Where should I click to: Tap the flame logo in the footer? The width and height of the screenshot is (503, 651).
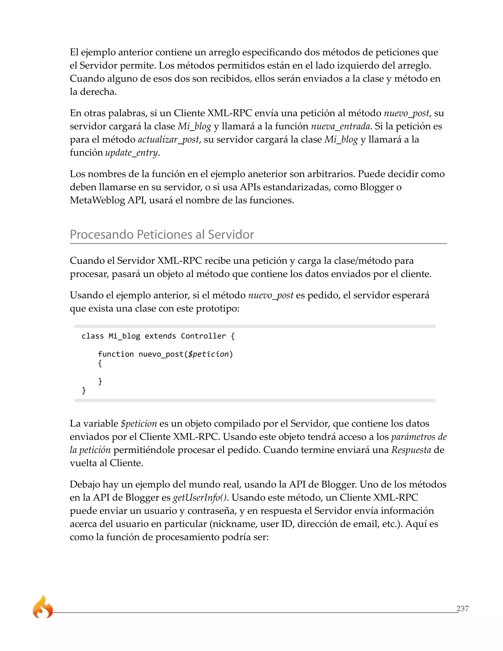coord(42,607)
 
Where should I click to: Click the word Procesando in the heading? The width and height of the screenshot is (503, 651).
coord(102,235)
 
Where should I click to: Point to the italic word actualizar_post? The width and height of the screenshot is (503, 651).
coord(168,140)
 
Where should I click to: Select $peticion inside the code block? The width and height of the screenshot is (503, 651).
coord(208,354)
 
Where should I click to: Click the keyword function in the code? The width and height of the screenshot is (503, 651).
coord(116,354)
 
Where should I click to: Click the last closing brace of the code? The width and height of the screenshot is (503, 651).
coord(84,390)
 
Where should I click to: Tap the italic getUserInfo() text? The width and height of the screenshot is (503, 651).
coord(200,497)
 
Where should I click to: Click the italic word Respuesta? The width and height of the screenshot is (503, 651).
coord(411,450)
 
